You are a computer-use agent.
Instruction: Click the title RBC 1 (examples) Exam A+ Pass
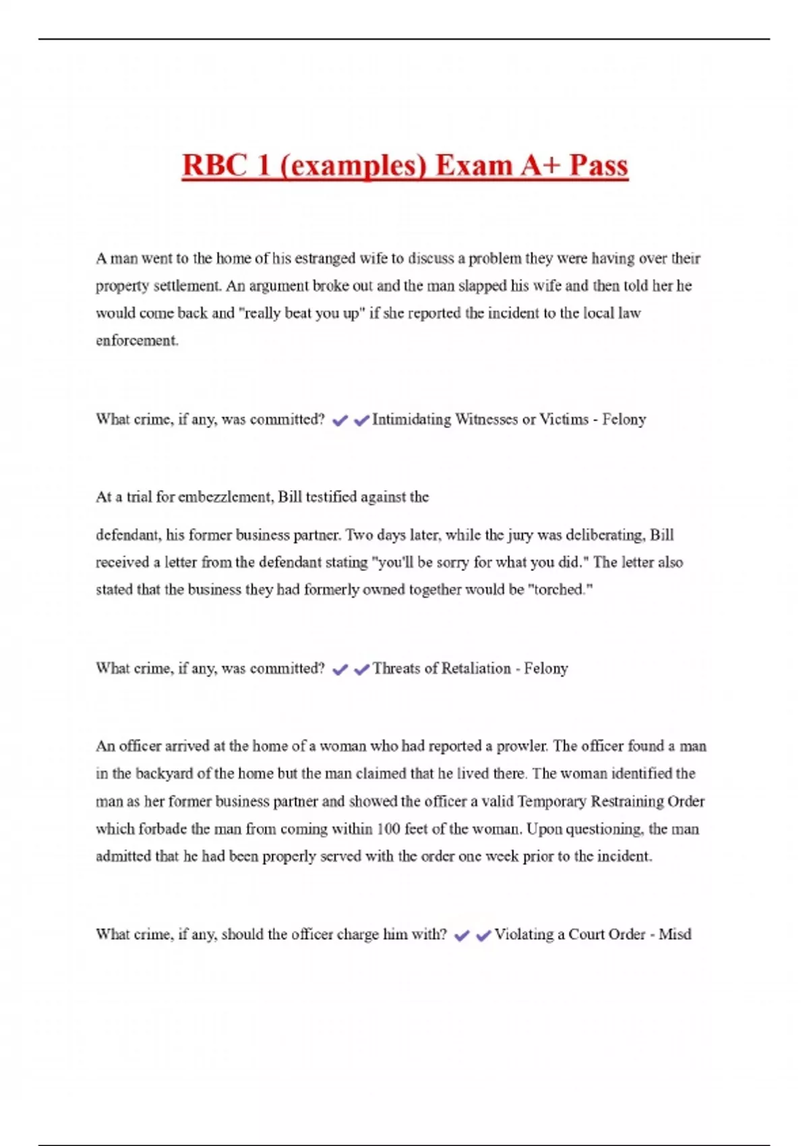pyautogui.click(x=404, y=166)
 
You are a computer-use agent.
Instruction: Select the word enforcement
pyautogui.click(x=137, y=340)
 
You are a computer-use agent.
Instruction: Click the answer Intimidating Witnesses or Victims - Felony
pyautogui.click(x=509, y=419)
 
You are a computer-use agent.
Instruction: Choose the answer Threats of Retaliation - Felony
pyautogui.click(x=470, y=669)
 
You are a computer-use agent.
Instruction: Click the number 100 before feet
pyautogui.click(x=388, y=829)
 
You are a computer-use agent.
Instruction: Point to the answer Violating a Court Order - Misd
pyautogui.click(x=593, y=934)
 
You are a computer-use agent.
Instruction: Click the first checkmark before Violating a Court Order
pyautogui.click(x=462, y=936)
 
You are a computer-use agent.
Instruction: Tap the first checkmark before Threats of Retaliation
pyautogui.click(x=340, y=670)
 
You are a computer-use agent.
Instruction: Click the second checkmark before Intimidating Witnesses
pyautogui.click(x=362, y=421)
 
